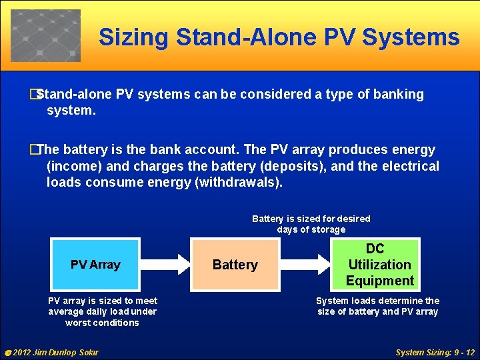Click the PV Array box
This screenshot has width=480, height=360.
[x=95, y=265]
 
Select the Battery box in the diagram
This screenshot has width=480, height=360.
[x=235, y=265]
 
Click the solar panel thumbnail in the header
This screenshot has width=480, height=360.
[x=45, y=35]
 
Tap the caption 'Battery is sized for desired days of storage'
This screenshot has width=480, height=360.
[x=311, y=224]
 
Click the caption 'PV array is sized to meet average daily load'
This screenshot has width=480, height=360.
[x=103, y=311]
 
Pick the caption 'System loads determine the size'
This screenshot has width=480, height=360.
[x=377, y=306]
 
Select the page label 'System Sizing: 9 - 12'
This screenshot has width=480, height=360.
[x=435, y=352]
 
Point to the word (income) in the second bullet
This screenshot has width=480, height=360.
[x=75, y=166]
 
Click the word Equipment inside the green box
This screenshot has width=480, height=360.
[x=379, y=281]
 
